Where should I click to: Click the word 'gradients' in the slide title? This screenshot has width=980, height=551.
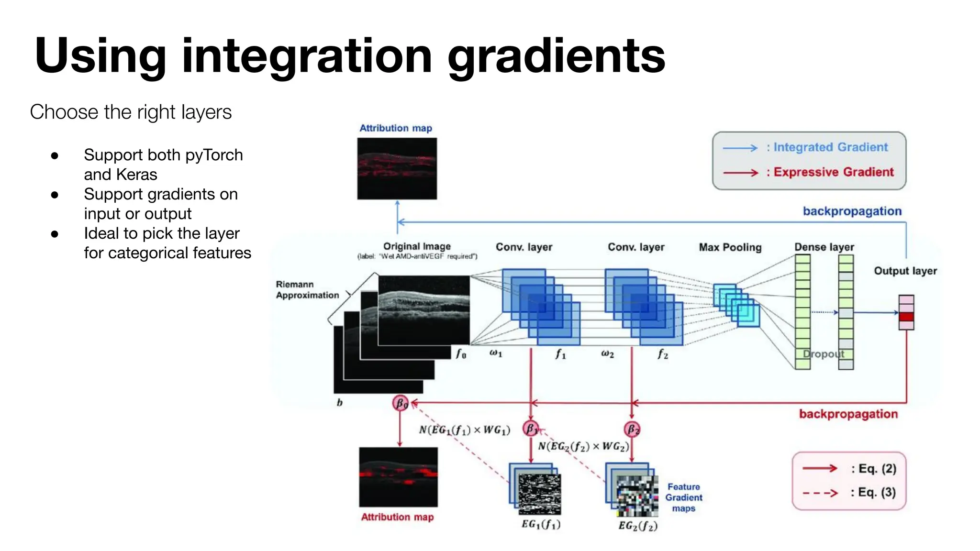556,56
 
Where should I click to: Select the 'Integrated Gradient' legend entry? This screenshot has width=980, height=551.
830,147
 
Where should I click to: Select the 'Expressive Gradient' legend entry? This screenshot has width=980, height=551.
833,172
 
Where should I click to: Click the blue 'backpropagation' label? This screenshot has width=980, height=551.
852,211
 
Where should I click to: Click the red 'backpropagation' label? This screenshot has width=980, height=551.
848,414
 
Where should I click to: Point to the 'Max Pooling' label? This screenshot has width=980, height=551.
730,247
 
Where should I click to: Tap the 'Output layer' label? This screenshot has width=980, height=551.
905,271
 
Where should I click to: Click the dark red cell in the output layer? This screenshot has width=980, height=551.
906,317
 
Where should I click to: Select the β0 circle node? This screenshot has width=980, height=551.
400,403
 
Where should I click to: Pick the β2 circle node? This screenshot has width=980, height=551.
632,429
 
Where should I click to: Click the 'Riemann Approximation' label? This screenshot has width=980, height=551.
307,290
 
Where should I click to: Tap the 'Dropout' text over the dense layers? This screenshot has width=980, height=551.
823,354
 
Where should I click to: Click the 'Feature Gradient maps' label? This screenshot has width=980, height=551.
683,497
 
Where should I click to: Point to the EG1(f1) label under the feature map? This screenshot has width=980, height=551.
541,524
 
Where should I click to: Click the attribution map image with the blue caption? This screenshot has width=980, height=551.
397,168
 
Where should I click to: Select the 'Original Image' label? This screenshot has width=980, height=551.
417,246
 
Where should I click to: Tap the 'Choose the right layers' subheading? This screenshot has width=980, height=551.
131,112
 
